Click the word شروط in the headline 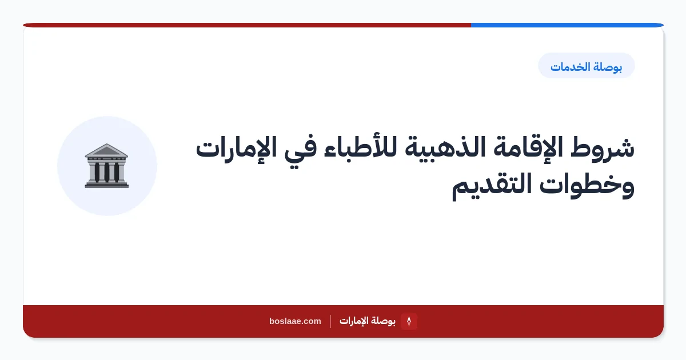[x=603, y=148]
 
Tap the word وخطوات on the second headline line [x=587, y=186]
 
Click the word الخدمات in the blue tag [x=571, y=67]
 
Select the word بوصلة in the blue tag [x=608, y=67]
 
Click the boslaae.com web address [x=295, y=321]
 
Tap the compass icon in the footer [x=409, y=321]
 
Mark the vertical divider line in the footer [x=330, y=321]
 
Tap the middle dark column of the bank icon [x=106, y=173]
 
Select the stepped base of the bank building [x=106, y=184]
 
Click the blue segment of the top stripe [x=567, y=25]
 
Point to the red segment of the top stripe [x=247, y=25]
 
